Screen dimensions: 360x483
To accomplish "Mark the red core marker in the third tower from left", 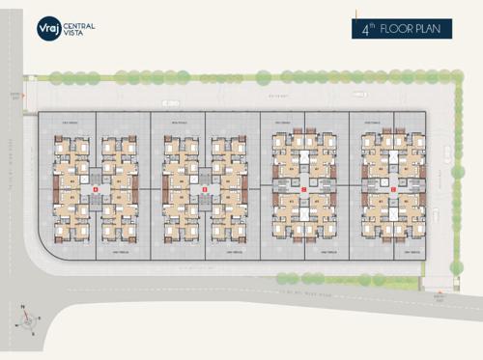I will [303, 190].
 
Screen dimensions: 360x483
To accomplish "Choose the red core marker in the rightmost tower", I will [393, 190].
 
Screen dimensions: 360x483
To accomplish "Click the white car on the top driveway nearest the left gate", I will [171, 101].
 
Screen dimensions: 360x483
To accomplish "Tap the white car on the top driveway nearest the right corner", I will [359, 95].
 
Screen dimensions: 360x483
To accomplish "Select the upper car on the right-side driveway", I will [446, 152].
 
